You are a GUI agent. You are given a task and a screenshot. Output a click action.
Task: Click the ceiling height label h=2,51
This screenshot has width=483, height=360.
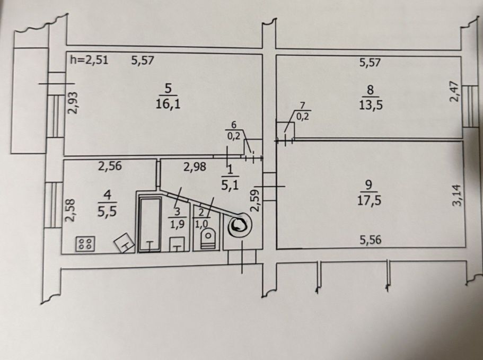click(x=89, y=60)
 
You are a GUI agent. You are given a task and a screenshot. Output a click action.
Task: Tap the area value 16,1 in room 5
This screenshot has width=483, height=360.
click(x=168, y=104)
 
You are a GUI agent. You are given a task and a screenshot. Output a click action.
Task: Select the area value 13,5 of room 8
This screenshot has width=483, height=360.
click(x=371, y=106)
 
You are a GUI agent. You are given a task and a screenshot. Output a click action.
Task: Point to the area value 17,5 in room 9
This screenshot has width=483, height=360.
click(x=369, y=200)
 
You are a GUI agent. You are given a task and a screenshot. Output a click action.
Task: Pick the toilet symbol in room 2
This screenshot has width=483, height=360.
click(x=208, y=239)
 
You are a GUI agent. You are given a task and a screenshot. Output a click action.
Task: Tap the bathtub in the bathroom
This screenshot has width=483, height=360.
click(x=150, y=224)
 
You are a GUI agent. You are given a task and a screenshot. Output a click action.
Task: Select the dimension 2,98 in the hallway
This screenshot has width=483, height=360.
click(x=195, y=167)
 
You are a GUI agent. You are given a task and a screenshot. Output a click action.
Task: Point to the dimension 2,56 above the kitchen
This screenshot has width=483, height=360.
click(x=110, y=166)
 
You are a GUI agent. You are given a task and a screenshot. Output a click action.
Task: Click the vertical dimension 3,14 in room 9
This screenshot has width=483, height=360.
click(x=458, y=195)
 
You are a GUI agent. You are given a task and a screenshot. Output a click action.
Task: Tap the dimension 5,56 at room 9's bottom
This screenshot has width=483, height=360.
click(x=371, y=240)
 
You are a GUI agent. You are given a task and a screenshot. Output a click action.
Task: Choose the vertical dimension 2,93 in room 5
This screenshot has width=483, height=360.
click(x=73, y=102)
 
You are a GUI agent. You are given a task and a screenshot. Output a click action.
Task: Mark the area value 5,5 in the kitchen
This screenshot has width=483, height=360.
click(x=107, y=212)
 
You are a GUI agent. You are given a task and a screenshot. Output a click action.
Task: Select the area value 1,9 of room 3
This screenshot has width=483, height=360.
click(x=177, y=224)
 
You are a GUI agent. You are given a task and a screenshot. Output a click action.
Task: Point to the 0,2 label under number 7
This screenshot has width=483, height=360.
click(x=302, y=117)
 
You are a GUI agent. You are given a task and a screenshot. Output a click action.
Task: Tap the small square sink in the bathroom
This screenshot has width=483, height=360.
click(x=177, y=244)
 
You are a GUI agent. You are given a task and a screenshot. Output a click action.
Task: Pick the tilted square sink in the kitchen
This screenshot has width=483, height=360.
click(x=125, y=243)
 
